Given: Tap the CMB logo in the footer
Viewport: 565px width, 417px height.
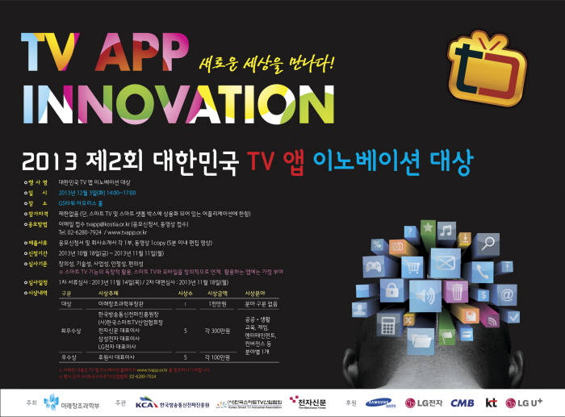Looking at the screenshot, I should click(x=462, y=402).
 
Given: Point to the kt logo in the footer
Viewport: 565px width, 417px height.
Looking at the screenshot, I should click(x=491, y=402).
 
